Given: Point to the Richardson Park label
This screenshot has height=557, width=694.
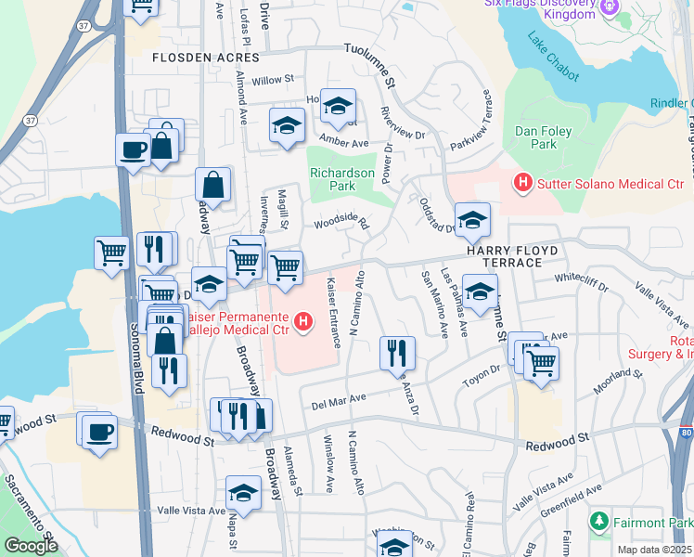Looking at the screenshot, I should tap(342, 178).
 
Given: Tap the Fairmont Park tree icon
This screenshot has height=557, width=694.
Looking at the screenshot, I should tap(600, 521).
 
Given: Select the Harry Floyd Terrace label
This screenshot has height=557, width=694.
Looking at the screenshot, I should tap(504, 257).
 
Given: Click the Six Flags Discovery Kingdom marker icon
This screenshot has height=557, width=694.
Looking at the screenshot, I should tap(609, 8).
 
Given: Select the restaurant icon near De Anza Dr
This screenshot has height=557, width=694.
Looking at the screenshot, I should tap(396, 354).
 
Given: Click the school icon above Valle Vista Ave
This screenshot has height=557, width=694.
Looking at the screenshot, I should tap(243, 493).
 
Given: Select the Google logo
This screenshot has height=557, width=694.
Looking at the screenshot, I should tap(31, 546).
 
